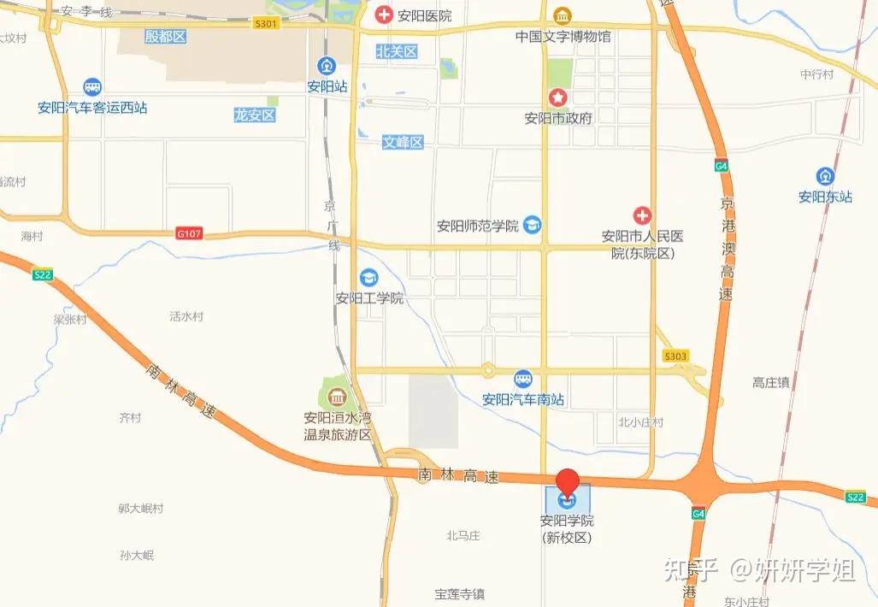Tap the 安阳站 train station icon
pos(327,66)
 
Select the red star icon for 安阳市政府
pos(557,98)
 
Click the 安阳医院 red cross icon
pos(385,15)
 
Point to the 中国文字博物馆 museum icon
pos(563,16)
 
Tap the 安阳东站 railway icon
pos(825,176)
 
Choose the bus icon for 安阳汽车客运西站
pos(92,87)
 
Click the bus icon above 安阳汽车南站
pos(523,379)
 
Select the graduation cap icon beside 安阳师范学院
pos(533,225)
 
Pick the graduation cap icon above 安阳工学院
pos(369,277)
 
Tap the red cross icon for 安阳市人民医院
pos(642,216)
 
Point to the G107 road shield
pos(189,233)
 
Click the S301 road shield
pos(266,24)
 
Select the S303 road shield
pos(675,356)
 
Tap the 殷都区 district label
pos(165,36)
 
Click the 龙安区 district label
pos(255,115)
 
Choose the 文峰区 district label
pos(403,142)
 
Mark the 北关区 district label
pos(397,51)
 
